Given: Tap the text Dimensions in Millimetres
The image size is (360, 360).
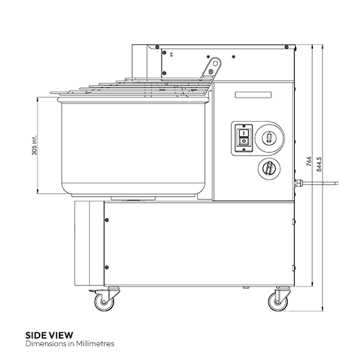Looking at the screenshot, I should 69,343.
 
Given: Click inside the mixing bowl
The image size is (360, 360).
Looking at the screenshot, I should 132,145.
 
